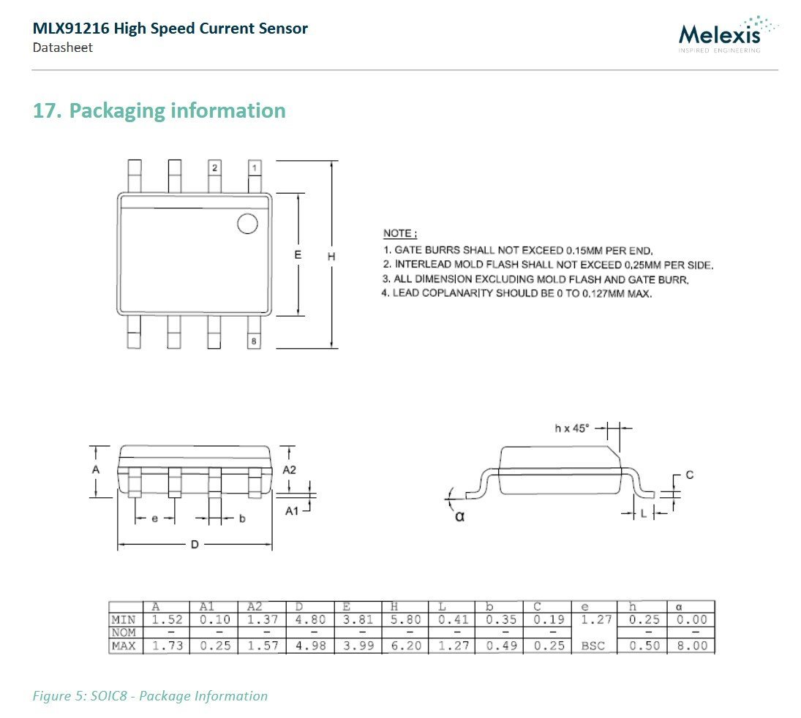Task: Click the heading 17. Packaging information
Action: (x=159, y=111)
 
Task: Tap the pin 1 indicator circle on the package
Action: (x=247, y=224)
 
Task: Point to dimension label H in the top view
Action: (x=331, y=257)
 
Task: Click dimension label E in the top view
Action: (x=298, y=254)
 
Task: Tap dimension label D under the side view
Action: (x=195, y=545)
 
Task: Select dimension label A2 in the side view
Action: (x=290, y=469)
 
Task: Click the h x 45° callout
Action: (x=571, y=428)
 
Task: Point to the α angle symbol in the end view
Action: (x=459, y=516)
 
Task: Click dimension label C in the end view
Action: (x=689, y=475)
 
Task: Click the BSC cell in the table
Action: (x=593, y=646)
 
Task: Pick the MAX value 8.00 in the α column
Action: (x=691, y=646)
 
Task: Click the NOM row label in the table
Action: (x=124, y=632)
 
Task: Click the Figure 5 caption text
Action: (x=150, y=695)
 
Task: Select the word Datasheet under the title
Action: (x=62, y=48)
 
